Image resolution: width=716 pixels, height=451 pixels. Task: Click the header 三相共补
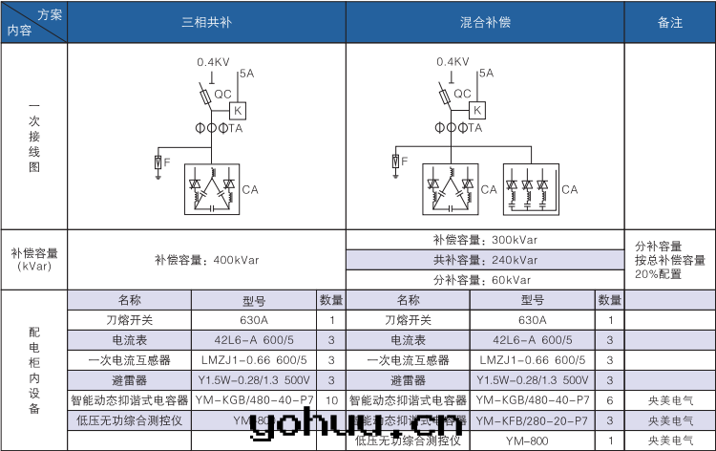coord(206,22)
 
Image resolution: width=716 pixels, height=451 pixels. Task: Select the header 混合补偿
coord(485,22)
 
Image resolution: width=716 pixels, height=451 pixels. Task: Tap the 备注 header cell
coord(670,22)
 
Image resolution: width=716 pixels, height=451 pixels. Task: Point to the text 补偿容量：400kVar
coord(206,259)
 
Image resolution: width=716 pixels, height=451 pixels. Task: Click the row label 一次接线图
coord(34,136)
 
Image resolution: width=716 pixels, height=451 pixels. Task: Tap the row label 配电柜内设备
coord(34,369)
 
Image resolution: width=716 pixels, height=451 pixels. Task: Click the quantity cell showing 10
coord(331,399)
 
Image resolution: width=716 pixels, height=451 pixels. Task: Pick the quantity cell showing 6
coord(610,399)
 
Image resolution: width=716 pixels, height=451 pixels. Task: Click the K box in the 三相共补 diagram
coord(238,110)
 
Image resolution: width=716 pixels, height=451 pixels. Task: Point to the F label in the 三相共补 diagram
coord(167,163)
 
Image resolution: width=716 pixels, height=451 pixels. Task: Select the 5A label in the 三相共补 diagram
coord(247,73)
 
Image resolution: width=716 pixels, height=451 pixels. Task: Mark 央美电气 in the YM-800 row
coord(670,440)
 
